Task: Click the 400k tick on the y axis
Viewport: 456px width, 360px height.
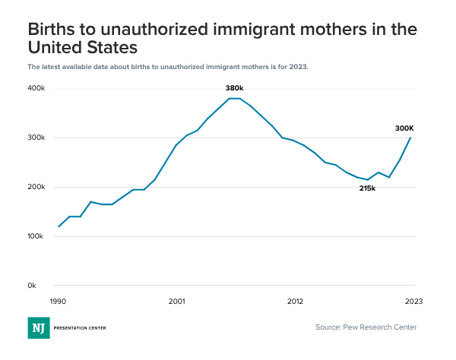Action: coord(36,89)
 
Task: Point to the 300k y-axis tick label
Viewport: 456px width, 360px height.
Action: coord(36,138)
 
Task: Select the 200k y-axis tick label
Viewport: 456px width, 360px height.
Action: coord(36,188)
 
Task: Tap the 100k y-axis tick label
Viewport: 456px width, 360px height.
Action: coord(36,237)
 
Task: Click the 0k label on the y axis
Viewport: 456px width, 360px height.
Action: coord(32,286)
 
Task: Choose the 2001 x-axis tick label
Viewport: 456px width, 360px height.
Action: coord(176,301)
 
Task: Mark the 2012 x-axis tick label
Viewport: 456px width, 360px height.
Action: coord(295,301)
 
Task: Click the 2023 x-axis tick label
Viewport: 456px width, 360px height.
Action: coord(413,301)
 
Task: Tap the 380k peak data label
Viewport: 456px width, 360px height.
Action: coord(234,88)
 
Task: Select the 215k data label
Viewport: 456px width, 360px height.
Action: coord(368,188)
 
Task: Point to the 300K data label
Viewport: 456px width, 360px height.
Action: coord(404,128)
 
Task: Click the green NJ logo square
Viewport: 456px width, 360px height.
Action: coord(38,327)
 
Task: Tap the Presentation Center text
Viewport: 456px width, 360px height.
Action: coord(80,328)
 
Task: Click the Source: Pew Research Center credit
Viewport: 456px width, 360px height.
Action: coord(366,327)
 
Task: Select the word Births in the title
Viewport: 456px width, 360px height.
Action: coord(52,30)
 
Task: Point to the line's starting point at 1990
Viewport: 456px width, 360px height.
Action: coord(59,226)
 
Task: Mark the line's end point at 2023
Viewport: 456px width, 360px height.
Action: coord(411,137)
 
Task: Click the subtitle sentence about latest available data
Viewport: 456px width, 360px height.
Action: coord(168,67)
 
